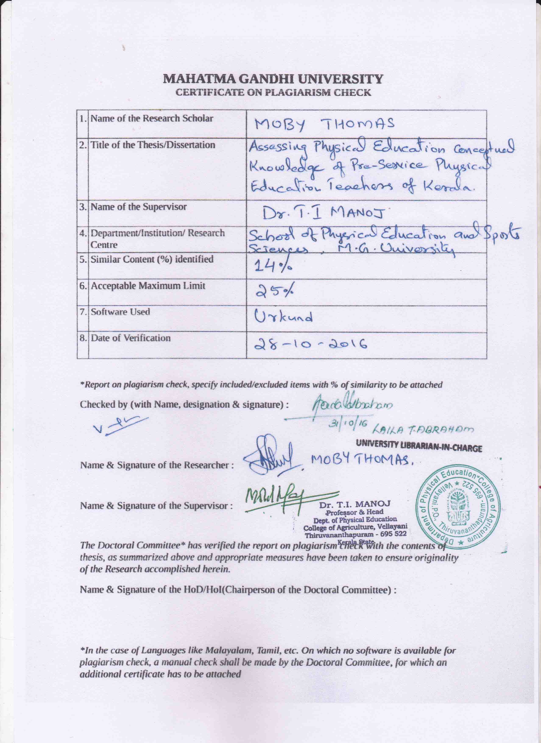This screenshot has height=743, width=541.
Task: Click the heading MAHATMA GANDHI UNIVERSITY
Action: (x=273, y=79)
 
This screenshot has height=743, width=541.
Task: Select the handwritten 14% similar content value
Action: (x=273, y=268)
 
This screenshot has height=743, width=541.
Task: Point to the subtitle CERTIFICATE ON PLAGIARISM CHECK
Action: (x=273, y=92)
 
